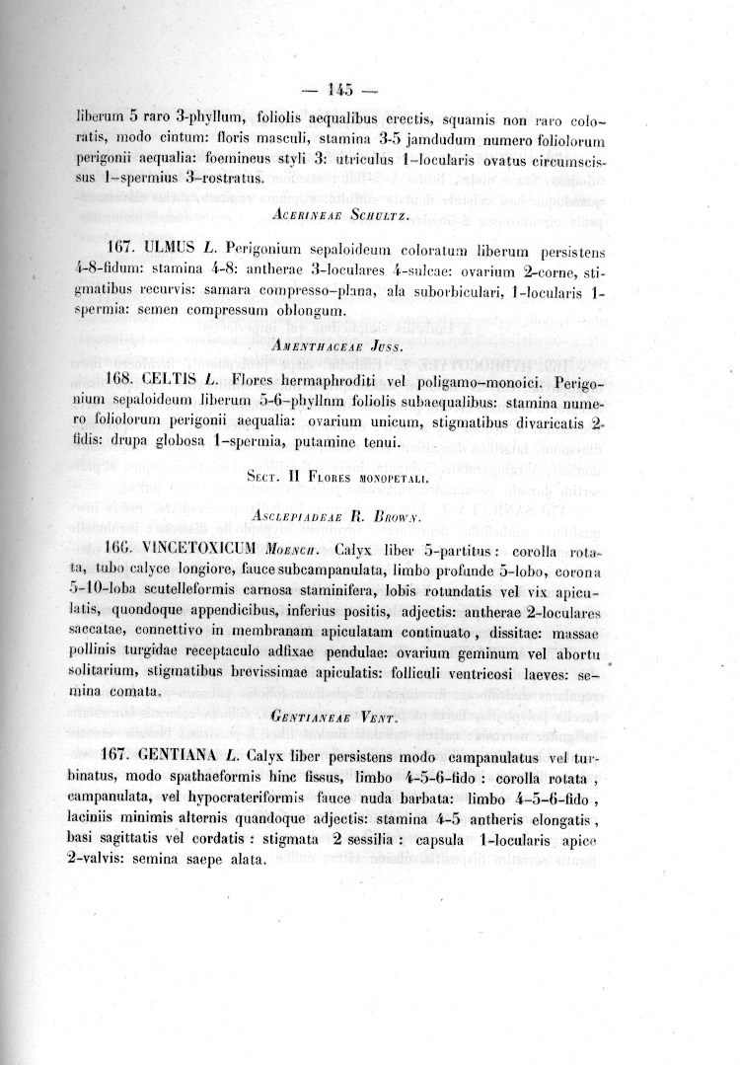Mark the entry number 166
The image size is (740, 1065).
[x=117, y=549]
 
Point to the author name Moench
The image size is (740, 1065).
[x=300, y=550]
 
